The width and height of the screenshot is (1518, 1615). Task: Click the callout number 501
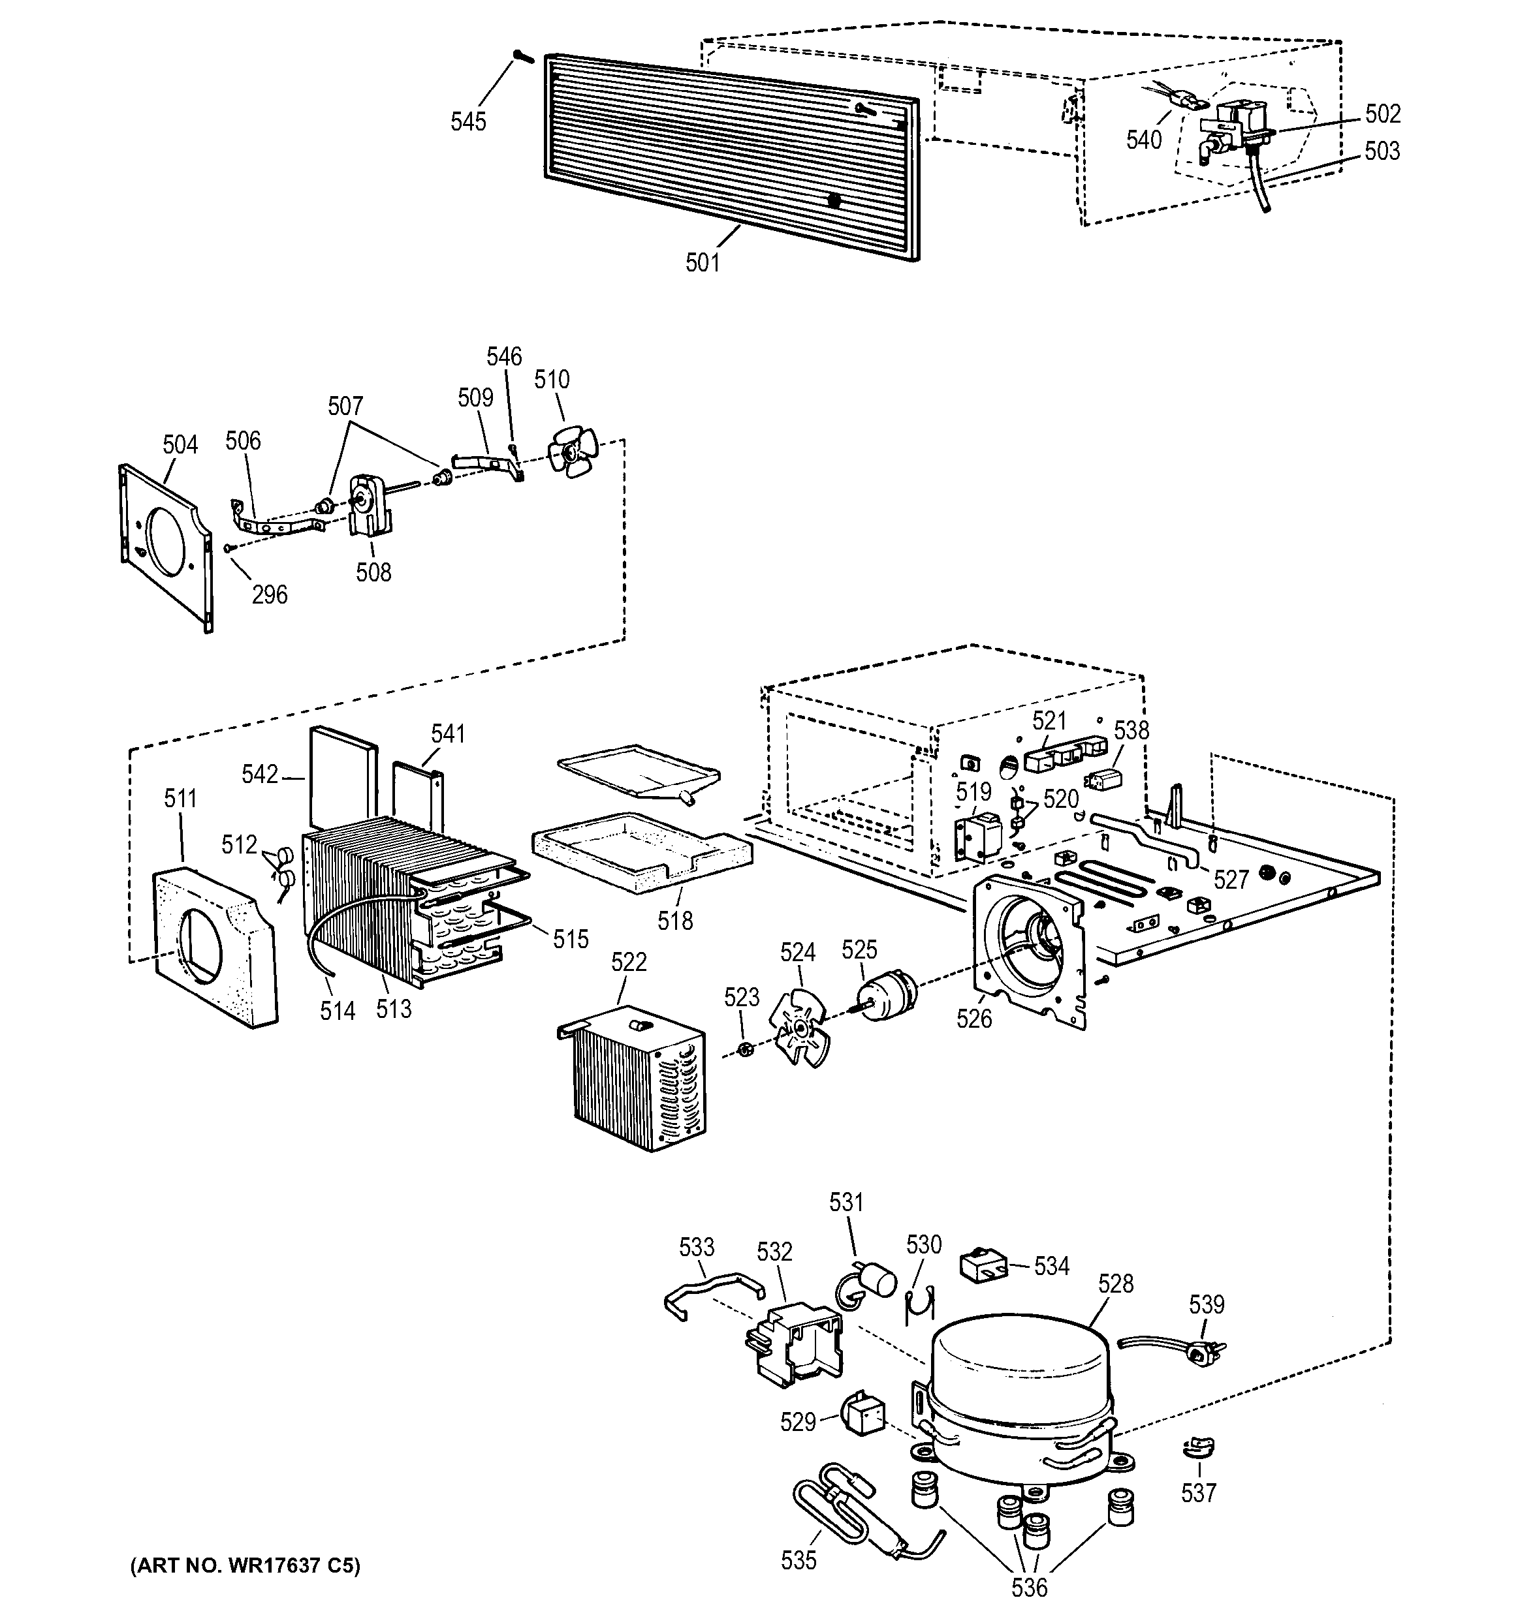pyautogui.click(x=702, y=263)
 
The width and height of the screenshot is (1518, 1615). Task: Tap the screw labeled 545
pyautogui.click(x=521, y=56)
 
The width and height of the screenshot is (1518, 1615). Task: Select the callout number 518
pyautogui.click(x=675, y=921)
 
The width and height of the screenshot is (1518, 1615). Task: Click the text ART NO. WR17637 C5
pyautogui.click(x=245, y=1565)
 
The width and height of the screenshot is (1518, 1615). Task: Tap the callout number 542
pyautogui.click(x=260, y=775)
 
